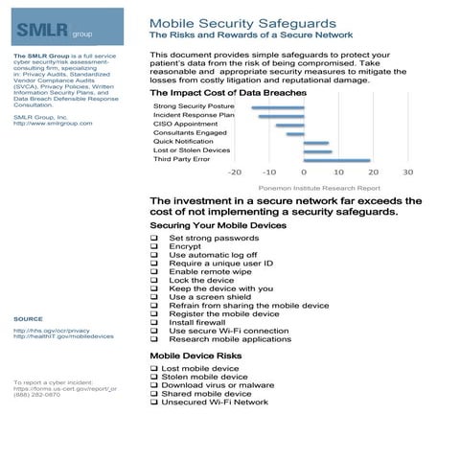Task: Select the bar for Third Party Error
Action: click(x=336, y=160)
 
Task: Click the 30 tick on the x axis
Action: click(x=406, y=173)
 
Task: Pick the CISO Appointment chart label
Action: click(x=182, y=124)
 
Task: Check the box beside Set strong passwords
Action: click(x=155, y=238)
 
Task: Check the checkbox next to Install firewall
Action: click(x=155, y=322)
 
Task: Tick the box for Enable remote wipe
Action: click(x=155, y=272)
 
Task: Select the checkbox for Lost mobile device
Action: click(x=155, y=368)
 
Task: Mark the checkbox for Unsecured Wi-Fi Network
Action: click(x=155, y=402)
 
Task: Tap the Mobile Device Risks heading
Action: click(x=196, y=356)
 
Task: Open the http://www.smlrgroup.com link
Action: click(x=54, y=124)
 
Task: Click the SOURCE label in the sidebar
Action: click(x=28, y=318)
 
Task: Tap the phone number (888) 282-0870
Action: click(x=36, y=396)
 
